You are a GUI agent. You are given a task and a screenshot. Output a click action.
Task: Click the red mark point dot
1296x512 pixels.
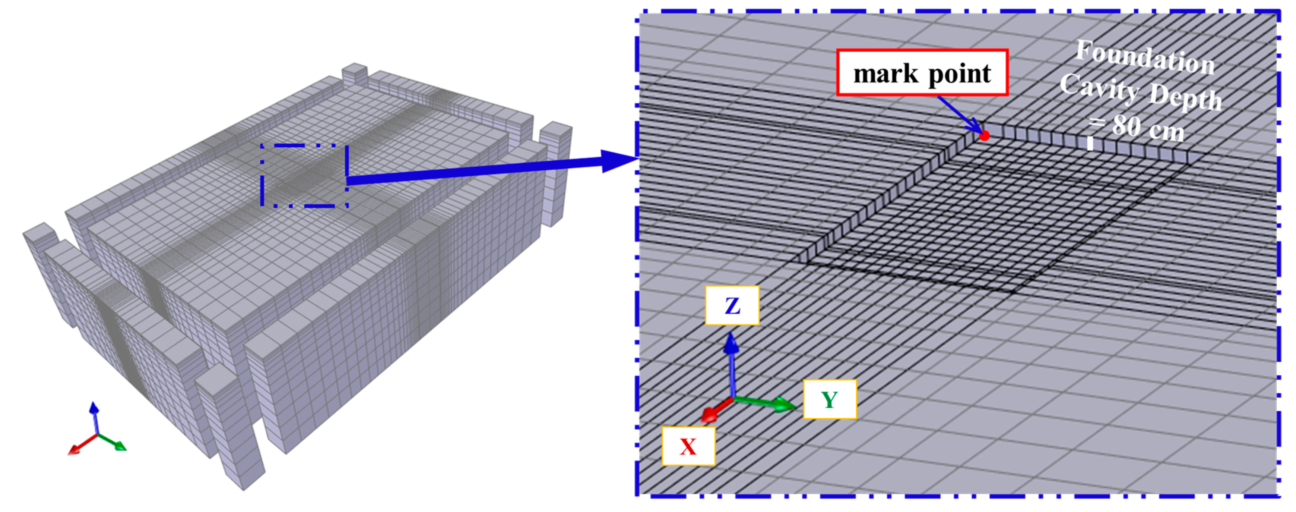tap(985, 135)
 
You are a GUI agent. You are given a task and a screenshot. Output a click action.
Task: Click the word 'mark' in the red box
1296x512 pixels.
tap(885, 73)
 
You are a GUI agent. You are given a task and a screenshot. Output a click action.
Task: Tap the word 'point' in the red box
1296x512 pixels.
tap(959, 73)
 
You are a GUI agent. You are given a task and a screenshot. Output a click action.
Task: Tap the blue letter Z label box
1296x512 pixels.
tap(732, 305)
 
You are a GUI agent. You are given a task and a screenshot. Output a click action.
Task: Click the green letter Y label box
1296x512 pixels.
tap(830, 400)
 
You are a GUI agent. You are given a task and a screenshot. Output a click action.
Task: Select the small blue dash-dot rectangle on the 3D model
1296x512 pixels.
tap(304, 175)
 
